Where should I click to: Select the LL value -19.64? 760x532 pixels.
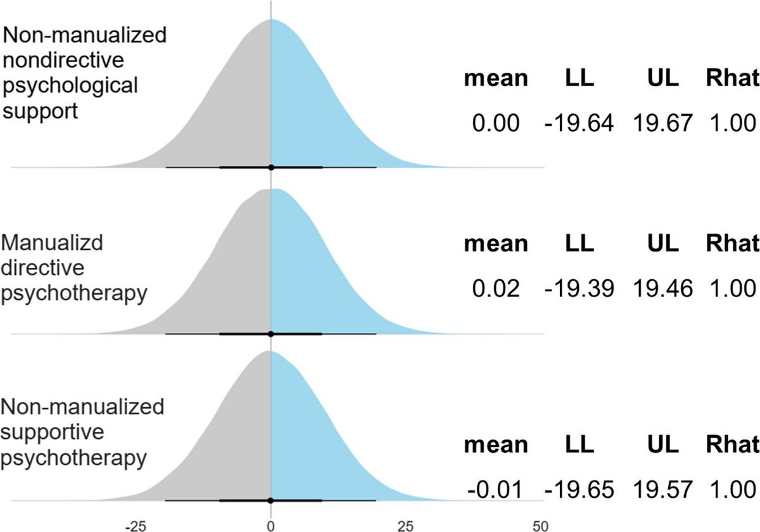click(579, 123)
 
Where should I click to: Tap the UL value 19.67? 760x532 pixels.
click(662, 123)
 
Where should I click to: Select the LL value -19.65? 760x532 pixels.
click(579, 490)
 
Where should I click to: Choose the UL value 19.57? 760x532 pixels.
click(662, 490)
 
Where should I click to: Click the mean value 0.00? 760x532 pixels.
click(496, 123)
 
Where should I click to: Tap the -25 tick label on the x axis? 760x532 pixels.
click(136, 526)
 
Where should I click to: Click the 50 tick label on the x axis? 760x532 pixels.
click(540, 526)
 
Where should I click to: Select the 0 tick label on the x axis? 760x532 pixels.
click(271, 526)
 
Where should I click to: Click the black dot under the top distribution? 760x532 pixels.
click(271, 167)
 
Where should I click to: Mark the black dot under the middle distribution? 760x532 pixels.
click(271, 333)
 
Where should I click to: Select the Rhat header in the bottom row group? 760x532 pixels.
click(731, 444)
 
